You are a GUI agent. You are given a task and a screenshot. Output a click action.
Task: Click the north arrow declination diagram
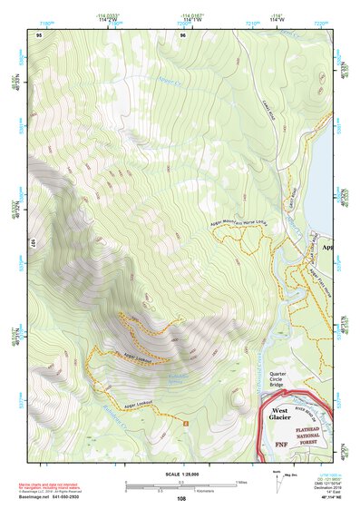tap(277, 479)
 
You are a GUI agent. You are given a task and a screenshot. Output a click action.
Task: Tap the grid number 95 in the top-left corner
tap(38, 34)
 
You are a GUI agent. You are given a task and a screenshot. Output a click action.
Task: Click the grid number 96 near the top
tap(182, 34)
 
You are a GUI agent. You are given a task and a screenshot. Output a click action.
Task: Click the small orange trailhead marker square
tap(186, 423)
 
